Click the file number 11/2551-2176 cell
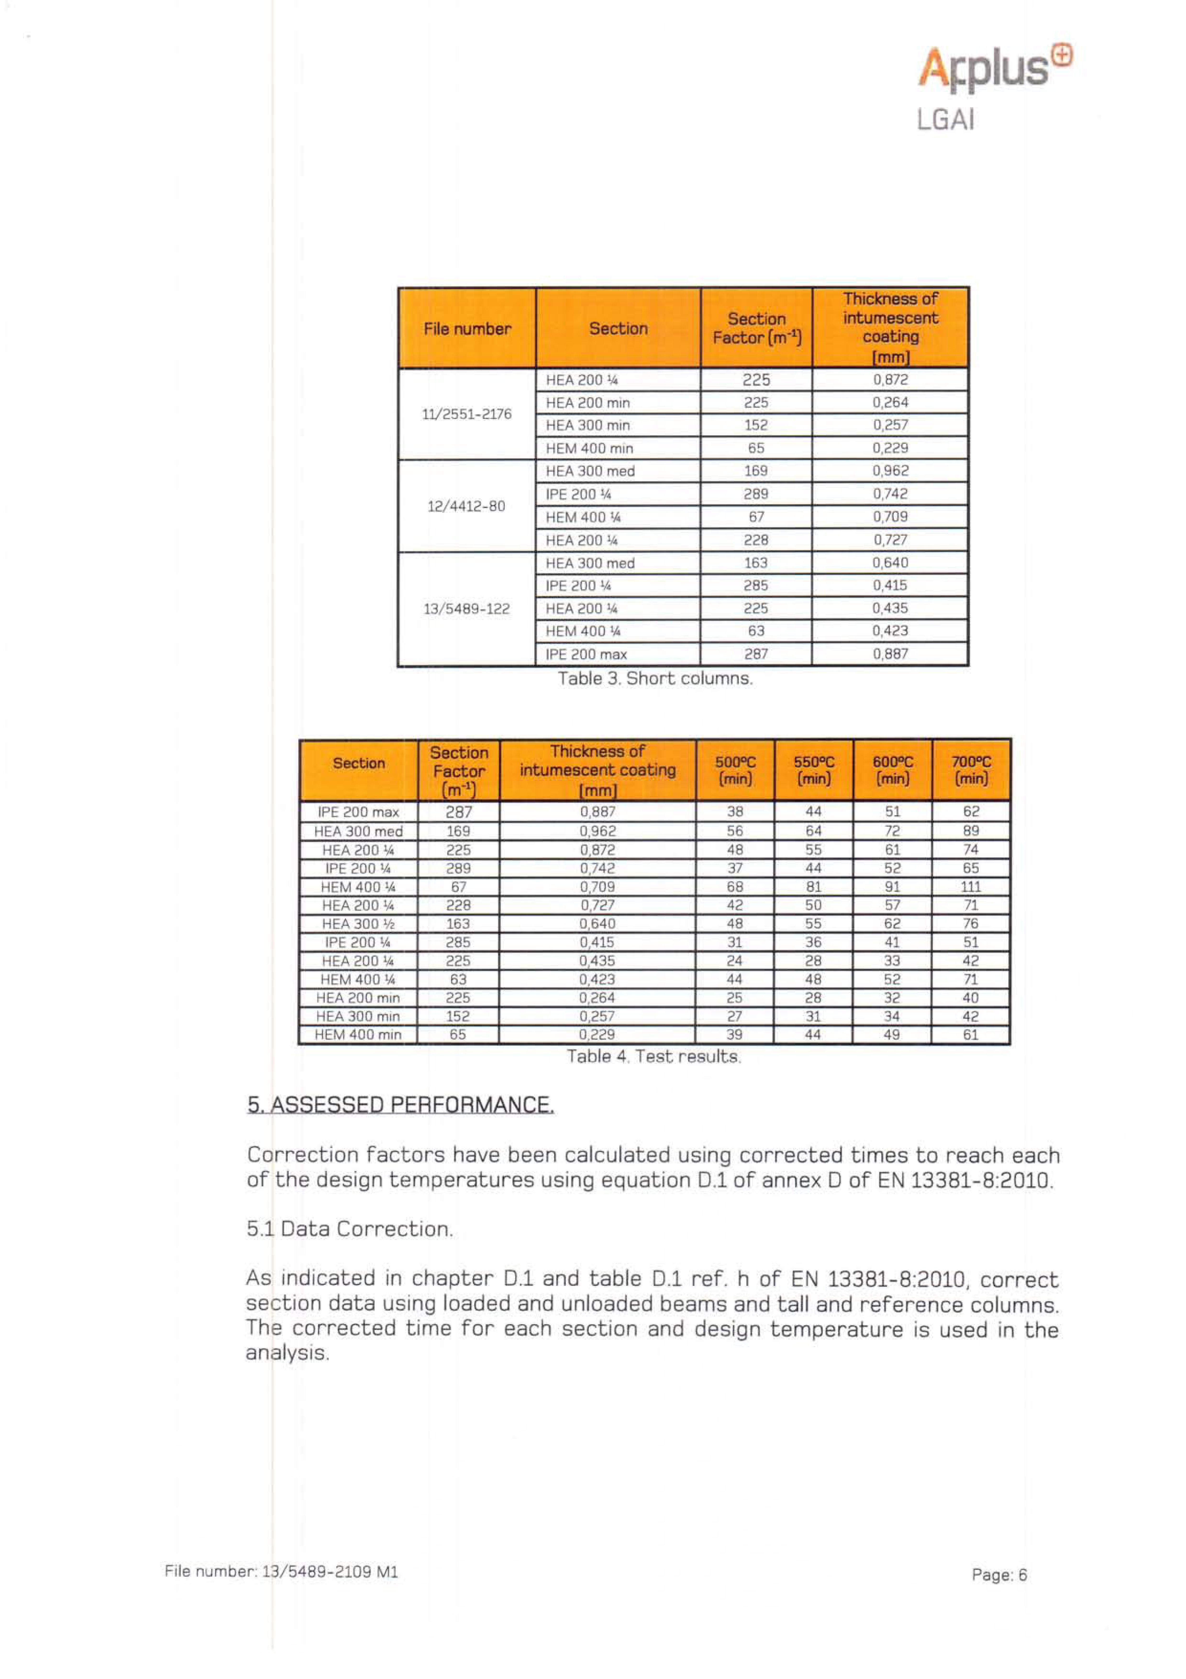click(x=466, y=414)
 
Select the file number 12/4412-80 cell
click(x=466, y=506)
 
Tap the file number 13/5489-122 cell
click(x=466, y=608)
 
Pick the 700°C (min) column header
click(x=971, y=770)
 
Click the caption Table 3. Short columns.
click(x=655, y=679)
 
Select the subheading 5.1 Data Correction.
click(x=349, y=1229)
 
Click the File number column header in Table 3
click(x=466, y=329)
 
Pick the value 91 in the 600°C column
click(x=892, y=887)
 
